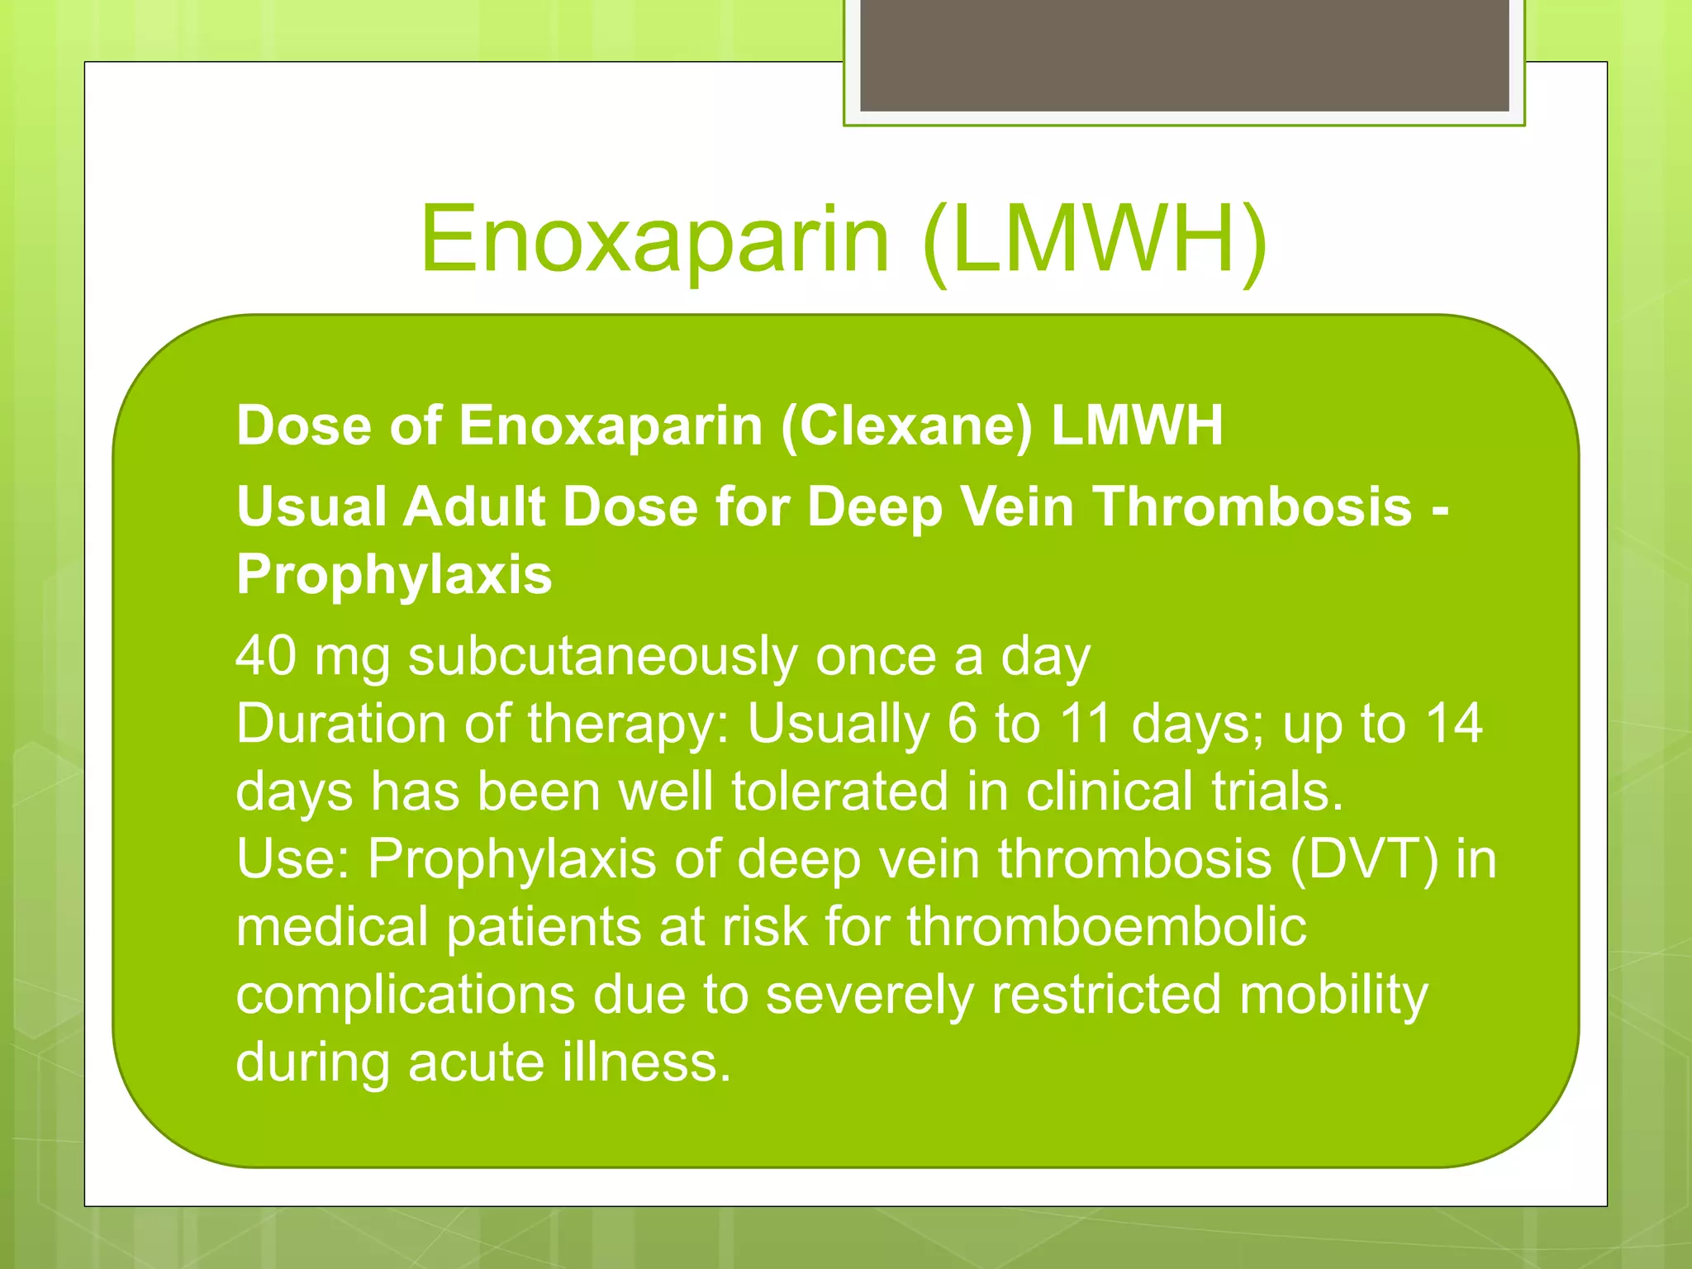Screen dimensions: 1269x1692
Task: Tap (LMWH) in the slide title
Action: pyautogui.click(x=1094, y=240)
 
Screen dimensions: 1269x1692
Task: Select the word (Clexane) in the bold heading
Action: pyautogui.click(x=906, y=426)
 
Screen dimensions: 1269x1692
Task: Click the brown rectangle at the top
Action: pyautogui.click(x=1184, y=55)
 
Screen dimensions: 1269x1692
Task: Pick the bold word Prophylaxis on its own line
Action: pyautogui.click(x=394, y=575)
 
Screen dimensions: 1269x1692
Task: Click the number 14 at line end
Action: pyautogui.click(x=1454, y=725)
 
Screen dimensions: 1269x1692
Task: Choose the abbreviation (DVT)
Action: pyautogui.click(x=1364, y=859)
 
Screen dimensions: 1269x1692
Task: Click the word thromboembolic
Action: pyautogui.click(x=1107, y=927)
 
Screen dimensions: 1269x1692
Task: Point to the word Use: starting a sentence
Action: pyautogui.click(x=292, y=859)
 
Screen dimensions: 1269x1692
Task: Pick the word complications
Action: pyautogui.click(x=405, y=995)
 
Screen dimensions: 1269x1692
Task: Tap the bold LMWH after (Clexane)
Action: pyautogui.click(x=1137, y=426)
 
